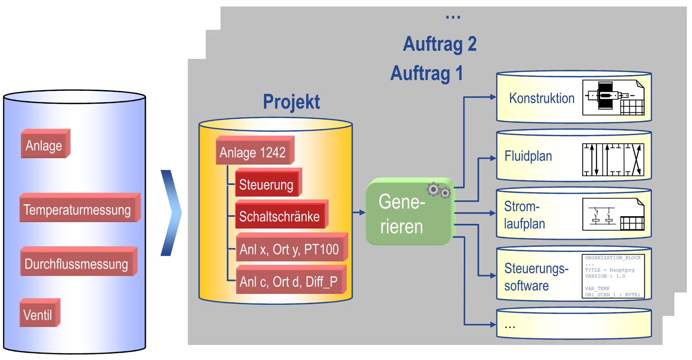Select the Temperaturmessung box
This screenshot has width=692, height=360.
78,209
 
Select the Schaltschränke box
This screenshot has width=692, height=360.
280,216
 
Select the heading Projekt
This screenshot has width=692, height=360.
291,102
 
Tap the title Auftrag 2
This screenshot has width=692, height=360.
439,44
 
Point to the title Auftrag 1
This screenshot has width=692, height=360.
427,73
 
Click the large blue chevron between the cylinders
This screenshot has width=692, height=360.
171,212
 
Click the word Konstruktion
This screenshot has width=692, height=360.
542,98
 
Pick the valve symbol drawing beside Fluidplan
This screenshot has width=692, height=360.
613,160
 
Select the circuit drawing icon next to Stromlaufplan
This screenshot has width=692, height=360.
613,214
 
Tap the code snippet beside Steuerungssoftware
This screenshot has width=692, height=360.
613,276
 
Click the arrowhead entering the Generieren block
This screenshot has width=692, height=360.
362,212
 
